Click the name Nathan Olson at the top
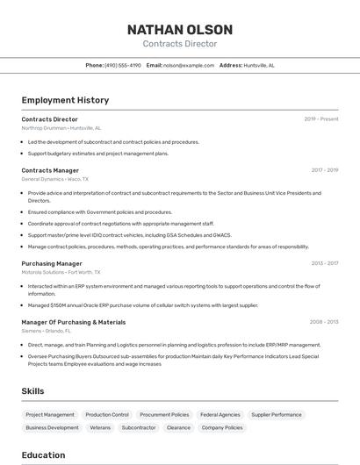click(179, 30)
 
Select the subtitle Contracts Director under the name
click(179, 44)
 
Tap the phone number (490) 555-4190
click(123, 66)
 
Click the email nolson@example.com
click(188, 66)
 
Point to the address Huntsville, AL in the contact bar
click(259, 66)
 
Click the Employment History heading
click(65, 100)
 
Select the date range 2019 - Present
click(321, 119)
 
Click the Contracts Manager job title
click(50, 170)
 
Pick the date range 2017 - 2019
click(325, 170)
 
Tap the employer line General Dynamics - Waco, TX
click(54, 179)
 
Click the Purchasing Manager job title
click(52, 263)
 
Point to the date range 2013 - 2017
click(325, 263)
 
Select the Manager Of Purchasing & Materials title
click(74, 322)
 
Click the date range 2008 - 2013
click(324, 322)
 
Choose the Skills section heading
click(33, 390)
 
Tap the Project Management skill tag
click(50, 414)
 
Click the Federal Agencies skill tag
click(220, 414)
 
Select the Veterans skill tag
click(100, 427)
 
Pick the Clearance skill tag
click(178, 427)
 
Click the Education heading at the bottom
click(43, 455)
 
